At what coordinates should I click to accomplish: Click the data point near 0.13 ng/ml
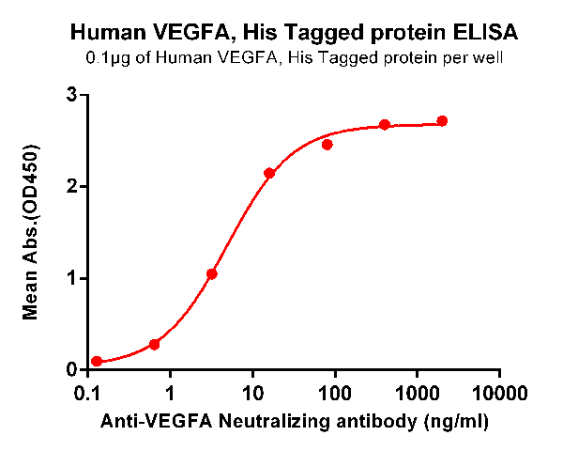[97, 362]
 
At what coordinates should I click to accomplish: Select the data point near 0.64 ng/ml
[154, 345]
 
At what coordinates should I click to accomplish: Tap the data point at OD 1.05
[212, 274]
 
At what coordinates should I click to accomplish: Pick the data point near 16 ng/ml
[269, 173]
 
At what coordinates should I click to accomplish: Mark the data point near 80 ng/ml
[327, 145]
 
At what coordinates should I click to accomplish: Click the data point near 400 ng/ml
[385, 125]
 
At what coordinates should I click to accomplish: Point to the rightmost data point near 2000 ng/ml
[443, 121]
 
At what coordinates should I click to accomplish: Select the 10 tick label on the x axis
[252, 390]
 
